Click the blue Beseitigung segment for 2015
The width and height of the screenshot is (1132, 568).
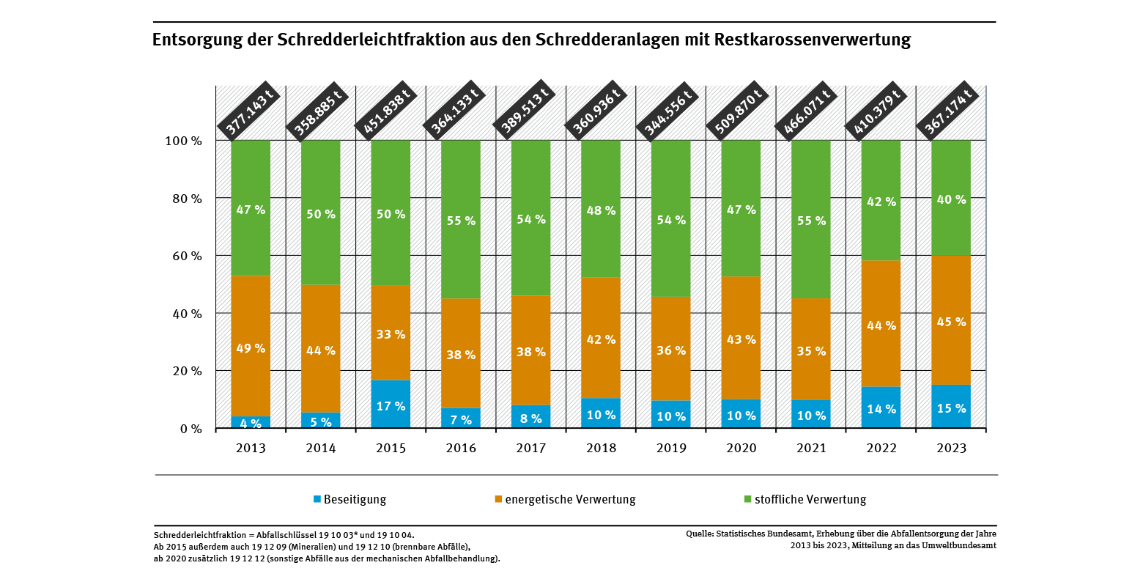pyautogui.click(x=391, y=404)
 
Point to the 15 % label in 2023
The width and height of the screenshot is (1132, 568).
pyautogui.click(x=951, y=408)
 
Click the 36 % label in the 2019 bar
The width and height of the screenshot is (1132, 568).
pyautogui.click(x=671, y=350)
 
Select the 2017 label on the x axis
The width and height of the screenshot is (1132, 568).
pyautogui.click(x=530, y=449)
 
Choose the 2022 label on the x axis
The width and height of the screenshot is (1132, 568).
pyautogui.click(x=880, y=449)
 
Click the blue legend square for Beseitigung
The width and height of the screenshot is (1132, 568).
pyautogui.click(x=317, y=499)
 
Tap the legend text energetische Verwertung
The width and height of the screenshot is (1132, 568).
pyautogui.click(x=570, y=500)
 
